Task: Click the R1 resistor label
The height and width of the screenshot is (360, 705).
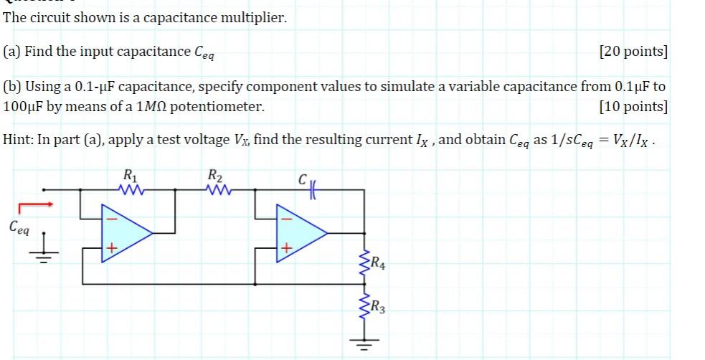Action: (x=128, y=174)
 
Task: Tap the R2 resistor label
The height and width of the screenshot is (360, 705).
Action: (x=214, y=174)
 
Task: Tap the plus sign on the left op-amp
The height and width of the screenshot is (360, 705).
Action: (x=112, y=248)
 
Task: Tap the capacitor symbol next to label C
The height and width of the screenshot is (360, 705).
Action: (x=314, y=189)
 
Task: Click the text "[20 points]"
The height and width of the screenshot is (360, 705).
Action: (x=632, y=52)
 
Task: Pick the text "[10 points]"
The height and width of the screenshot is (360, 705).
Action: (x=632, y=107)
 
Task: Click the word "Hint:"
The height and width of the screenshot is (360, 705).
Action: (x=19, y=140)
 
